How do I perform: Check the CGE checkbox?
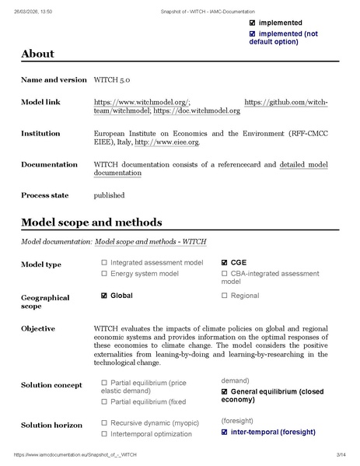225,263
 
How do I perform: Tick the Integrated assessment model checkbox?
104,263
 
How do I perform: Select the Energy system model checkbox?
104,274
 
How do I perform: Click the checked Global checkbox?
104,296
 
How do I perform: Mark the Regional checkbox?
225,296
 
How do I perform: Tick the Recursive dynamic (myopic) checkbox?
104,422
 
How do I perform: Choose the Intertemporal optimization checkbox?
104,433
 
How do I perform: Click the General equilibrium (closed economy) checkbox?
225,391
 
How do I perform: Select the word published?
108,194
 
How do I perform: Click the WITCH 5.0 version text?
113,80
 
